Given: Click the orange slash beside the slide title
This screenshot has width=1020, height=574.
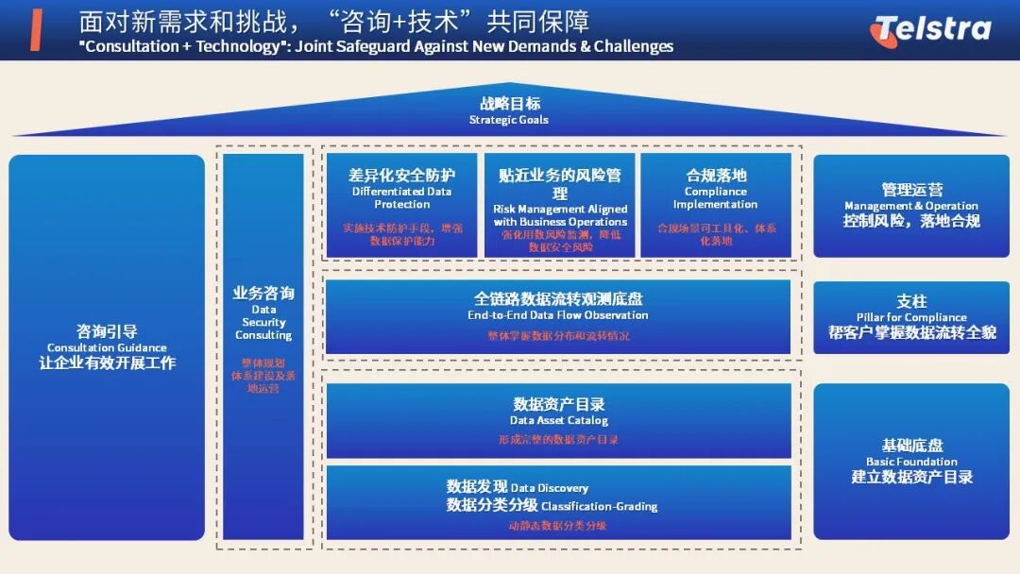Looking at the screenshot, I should (36, 30).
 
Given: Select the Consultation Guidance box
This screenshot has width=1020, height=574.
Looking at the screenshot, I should (107, 346).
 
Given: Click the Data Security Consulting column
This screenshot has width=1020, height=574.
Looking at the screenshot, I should (263, 346).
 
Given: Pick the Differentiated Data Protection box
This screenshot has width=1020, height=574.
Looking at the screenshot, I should (401, 205).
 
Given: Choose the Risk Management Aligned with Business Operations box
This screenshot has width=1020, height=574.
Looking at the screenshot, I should (560, 205).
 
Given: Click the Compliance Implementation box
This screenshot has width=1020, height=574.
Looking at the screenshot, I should (715, 205).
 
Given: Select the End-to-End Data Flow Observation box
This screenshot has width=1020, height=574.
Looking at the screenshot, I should (558, 316).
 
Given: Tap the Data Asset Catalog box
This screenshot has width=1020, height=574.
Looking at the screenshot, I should (558, 419).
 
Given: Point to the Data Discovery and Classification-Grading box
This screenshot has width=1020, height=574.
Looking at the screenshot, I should (558, 501).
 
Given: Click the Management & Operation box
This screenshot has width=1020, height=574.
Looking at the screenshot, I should (911, 205).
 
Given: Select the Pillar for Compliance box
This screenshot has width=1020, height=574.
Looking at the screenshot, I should (911, 317).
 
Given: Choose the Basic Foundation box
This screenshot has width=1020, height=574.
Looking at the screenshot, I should (911, 461).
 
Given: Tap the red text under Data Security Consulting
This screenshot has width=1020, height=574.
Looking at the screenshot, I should (263, 375).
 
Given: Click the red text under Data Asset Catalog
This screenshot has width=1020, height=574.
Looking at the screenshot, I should (558, 440).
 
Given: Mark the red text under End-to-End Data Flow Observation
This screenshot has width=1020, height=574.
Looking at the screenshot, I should (558, 336).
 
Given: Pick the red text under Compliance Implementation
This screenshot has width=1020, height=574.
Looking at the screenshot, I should (717, 234).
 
